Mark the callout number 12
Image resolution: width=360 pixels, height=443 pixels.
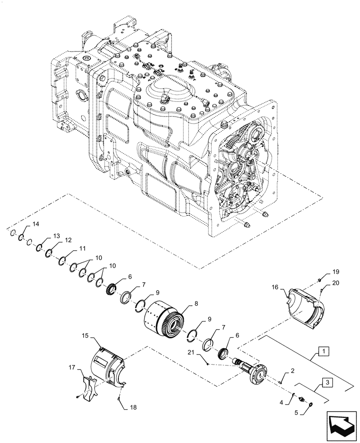[x=68, y=240]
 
